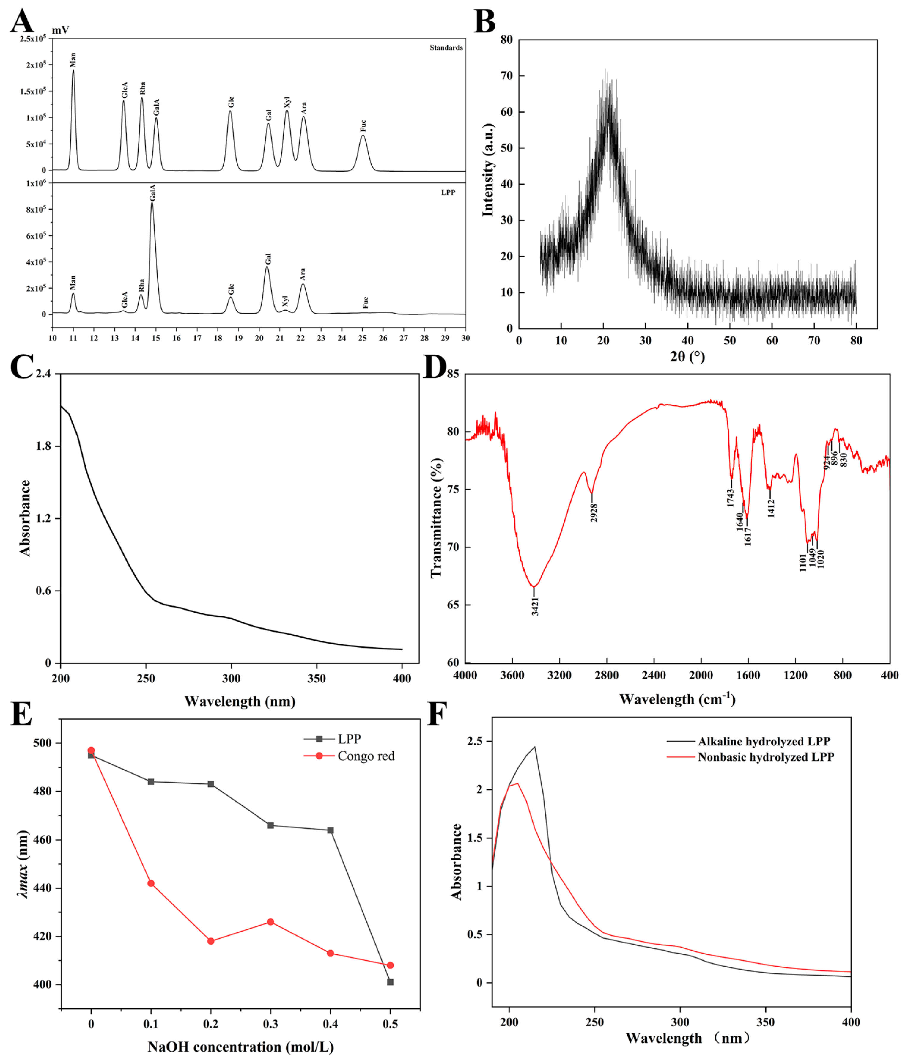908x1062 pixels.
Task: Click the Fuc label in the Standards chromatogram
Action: tap(363, 125)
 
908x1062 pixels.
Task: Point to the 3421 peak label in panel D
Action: tap(535, 606)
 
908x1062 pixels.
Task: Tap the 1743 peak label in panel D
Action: tap(731, 498)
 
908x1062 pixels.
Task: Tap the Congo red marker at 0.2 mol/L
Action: tap(211, 941)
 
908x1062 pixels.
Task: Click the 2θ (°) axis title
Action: tap(687, 357)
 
